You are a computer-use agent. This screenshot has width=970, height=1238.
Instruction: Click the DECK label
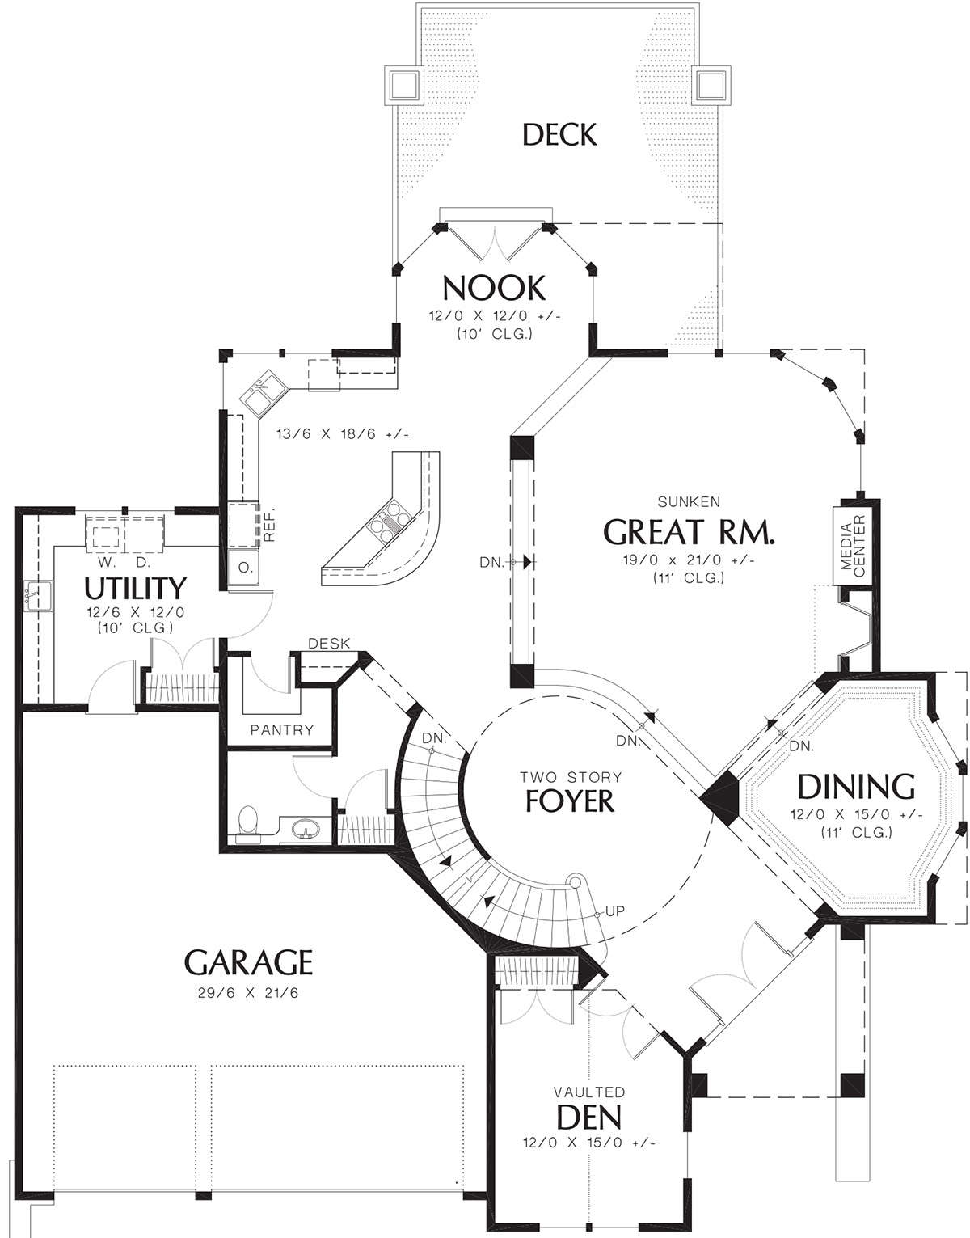[559, 135]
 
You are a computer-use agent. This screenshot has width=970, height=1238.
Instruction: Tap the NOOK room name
[494, 288]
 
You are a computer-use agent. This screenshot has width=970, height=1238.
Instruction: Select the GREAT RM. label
[689, 533]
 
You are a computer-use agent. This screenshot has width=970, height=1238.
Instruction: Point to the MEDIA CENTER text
[852, 545]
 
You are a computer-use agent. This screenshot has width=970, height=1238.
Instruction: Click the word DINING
[855, 788]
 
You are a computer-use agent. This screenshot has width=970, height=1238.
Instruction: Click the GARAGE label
[248, 963]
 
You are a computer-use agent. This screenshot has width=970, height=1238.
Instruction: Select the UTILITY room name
[136, 588]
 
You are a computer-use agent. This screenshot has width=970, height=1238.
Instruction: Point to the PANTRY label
[282, 730]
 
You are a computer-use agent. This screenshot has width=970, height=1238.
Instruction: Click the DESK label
[328, 644]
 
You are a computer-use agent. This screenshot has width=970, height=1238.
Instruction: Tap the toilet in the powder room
[248, 825]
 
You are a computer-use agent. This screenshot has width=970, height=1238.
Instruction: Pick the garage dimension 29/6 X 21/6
[248, 993]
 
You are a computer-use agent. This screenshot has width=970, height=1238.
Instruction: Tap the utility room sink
[37, 595]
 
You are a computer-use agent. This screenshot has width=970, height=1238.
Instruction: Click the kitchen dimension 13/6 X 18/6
[343, 434]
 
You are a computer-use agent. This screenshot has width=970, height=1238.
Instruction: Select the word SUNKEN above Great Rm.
[689, 502]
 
